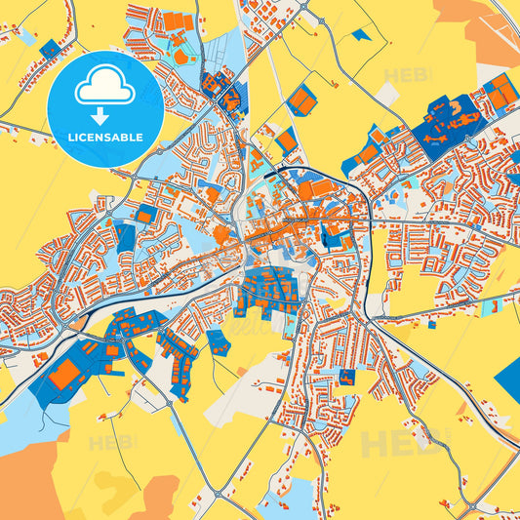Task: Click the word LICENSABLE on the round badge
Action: (x=103, y=136)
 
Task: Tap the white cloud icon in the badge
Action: (x=104, y=89)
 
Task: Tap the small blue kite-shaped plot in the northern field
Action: (x=362, y=35)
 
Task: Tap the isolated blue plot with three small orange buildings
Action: (x=218, y=341)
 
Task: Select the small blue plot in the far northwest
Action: (x=50, y=49)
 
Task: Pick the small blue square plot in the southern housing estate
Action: (x=347, y=376)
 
